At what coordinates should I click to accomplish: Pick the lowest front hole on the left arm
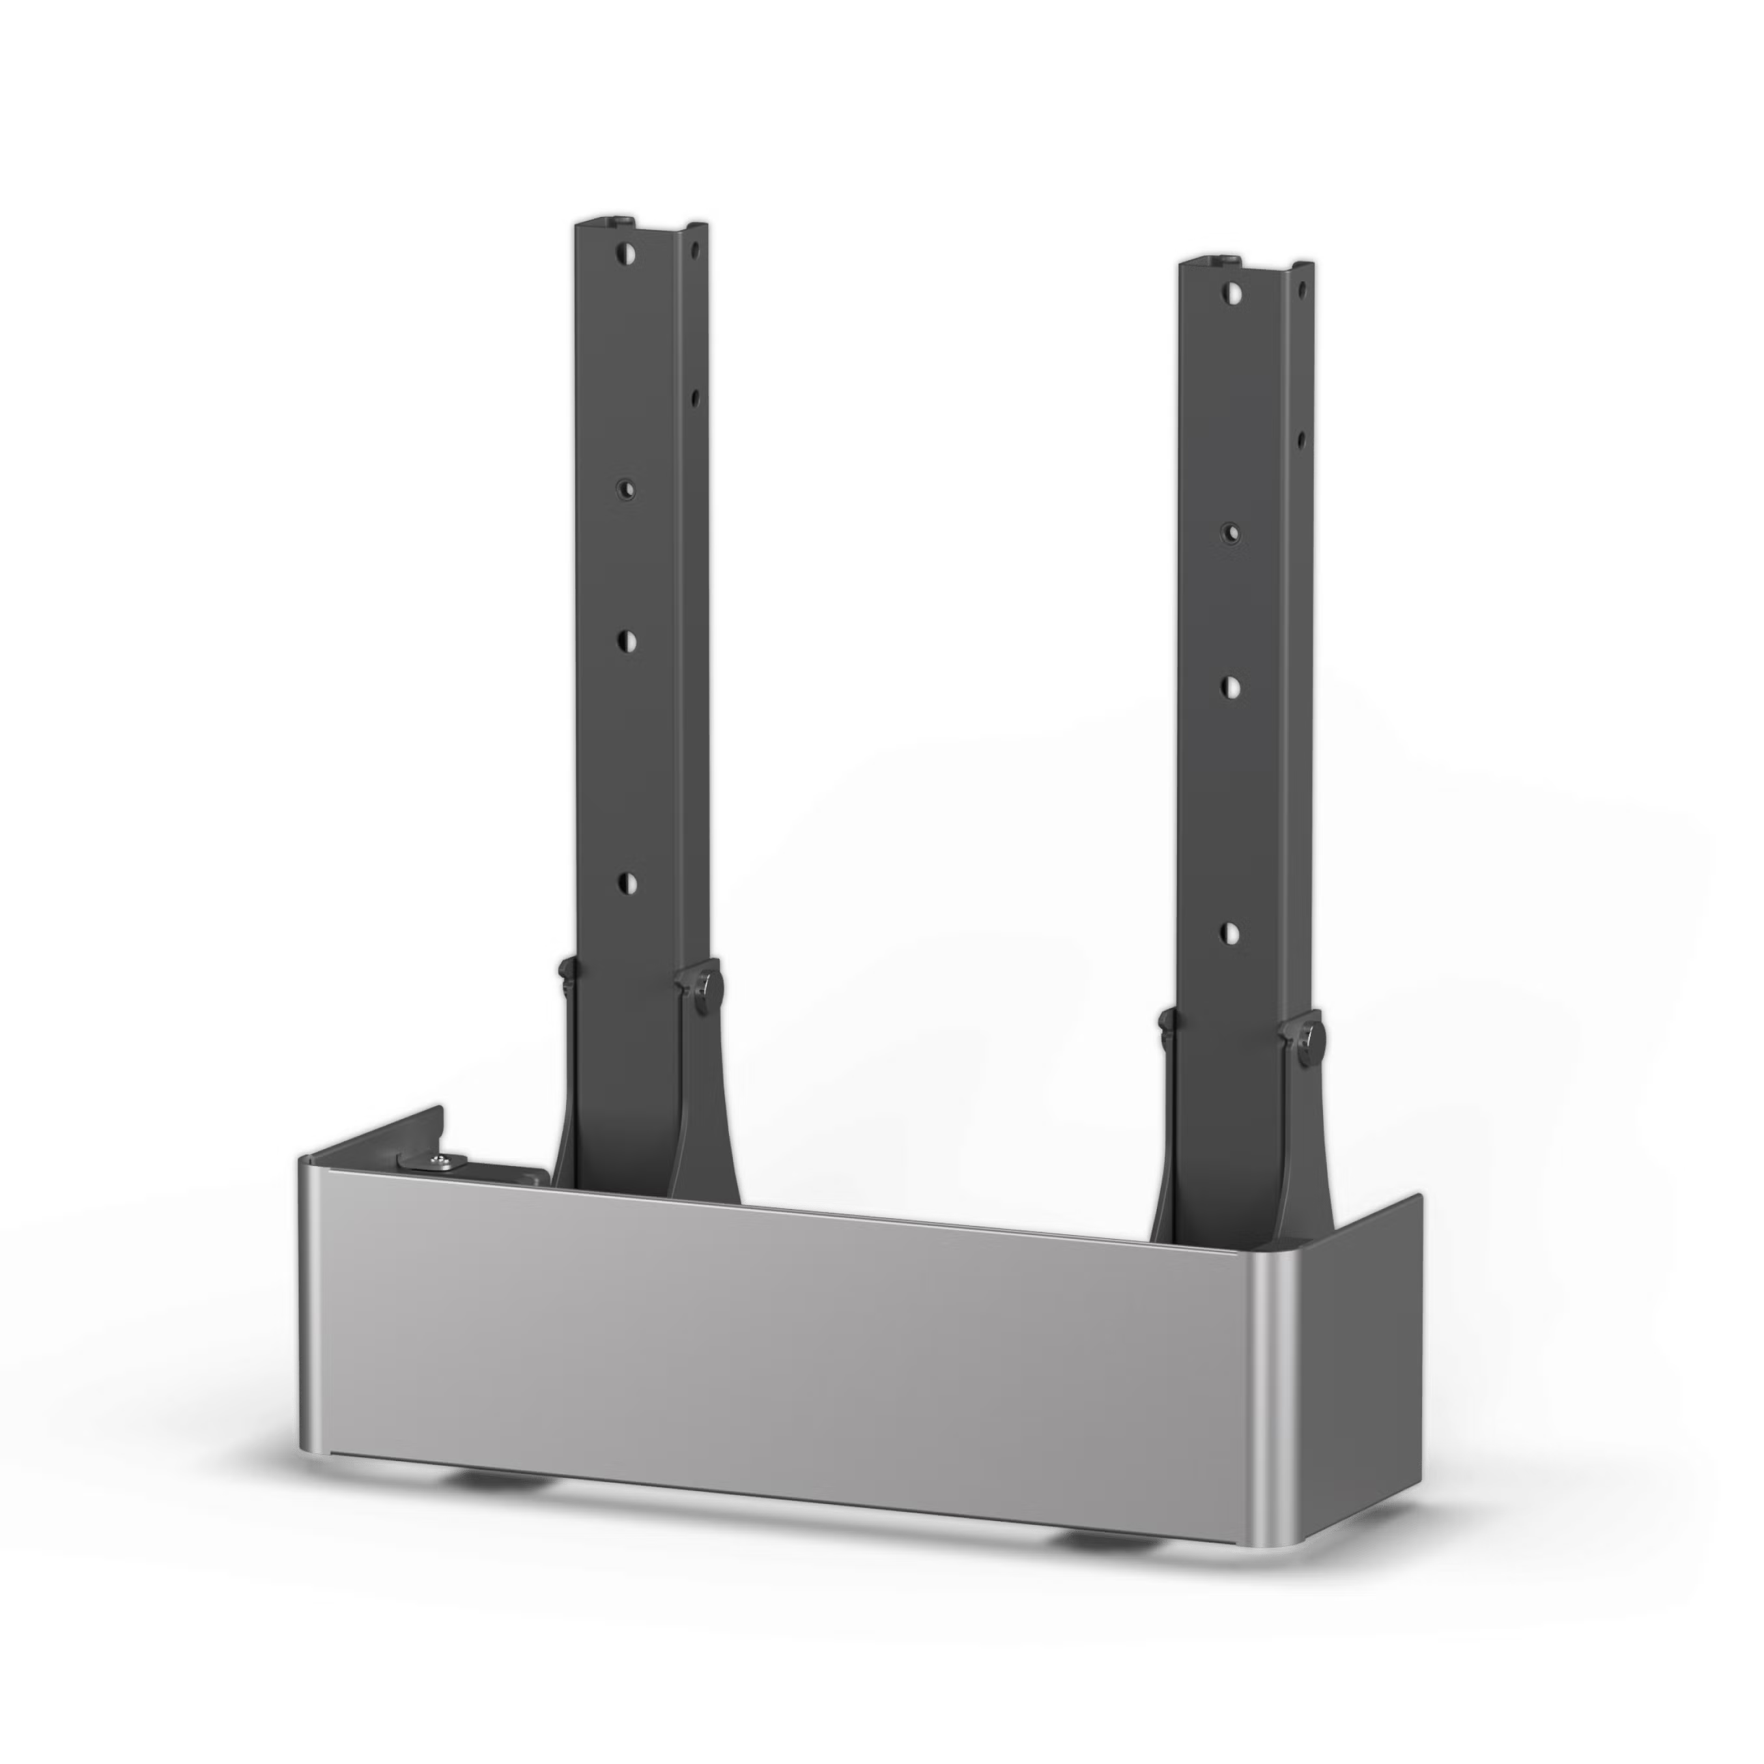pos(625,882)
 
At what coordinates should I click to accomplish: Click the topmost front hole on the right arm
pos(1230,292)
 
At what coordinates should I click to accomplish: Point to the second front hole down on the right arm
pos(1230,532)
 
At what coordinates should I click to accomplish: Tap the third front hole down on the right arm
pos(1230,685)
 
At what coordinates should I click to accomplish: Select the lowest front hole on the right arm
pos(1230,932)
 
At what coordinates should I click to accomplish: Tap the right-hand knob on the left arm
pos(704,988)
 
